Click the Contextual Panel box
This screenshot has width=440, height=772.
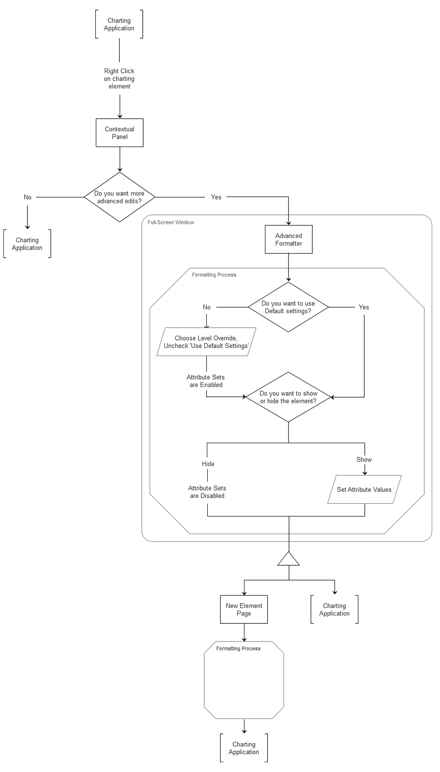tap(119, 133)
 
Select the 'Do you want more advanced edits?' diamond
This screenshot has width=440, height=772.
tap(119, 197)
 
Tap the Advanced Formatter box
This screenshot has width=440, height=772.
tap(288, 239)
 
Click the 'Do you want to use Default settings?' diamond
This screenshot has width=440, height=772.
tap(288, 307)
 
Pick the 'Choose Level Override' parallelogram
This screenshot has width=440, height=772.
tap(206, 342)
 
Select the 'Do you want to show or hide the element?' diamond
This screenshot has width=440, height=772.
tap(288, 397)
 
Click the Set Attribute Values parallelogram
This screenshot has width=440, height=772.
tap(364, 490)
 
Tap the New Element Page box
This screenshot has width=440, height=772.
tap(243, 609)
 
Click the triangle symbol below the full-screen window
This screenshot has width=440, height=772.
tap(288, 560)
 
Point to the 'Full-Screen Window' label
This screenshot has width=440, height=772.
tap(171, 222)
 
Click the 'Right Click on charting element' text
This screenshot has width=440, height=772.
tap(119, 79)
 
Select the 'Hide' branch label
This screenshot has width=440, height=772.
tap(208, 464)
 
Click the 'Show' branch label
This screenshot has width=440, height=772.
tap(364, 459)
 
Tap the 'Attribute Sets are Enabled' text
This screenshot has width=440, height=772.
tap(206, 381)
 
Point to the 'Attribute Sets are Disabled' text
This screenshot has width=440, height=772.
tap(207, 492)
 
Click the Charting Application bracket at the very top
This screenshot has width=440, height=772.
tap(119, 24)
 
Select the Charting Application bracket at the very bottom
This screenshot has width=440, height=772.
tap(243, 748)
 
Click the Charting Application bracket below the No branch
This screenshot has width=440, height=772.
tap(27, 244)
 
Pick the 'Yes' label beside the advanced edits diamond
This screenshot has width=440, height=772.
tap(216, 197)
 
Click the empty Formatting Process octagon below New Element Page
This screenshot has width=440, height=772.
tap(243, 684)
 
